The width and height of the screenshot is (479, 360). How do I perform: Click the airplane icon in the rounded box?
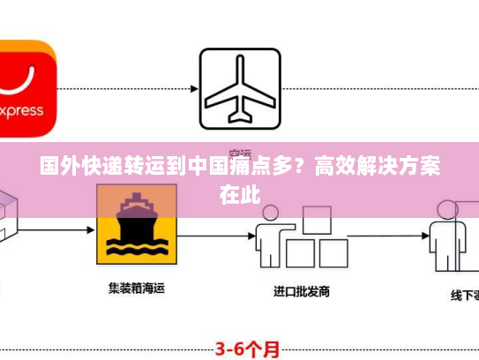239,86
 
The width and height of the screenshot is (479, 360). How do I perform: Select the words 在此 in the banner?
239,191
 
